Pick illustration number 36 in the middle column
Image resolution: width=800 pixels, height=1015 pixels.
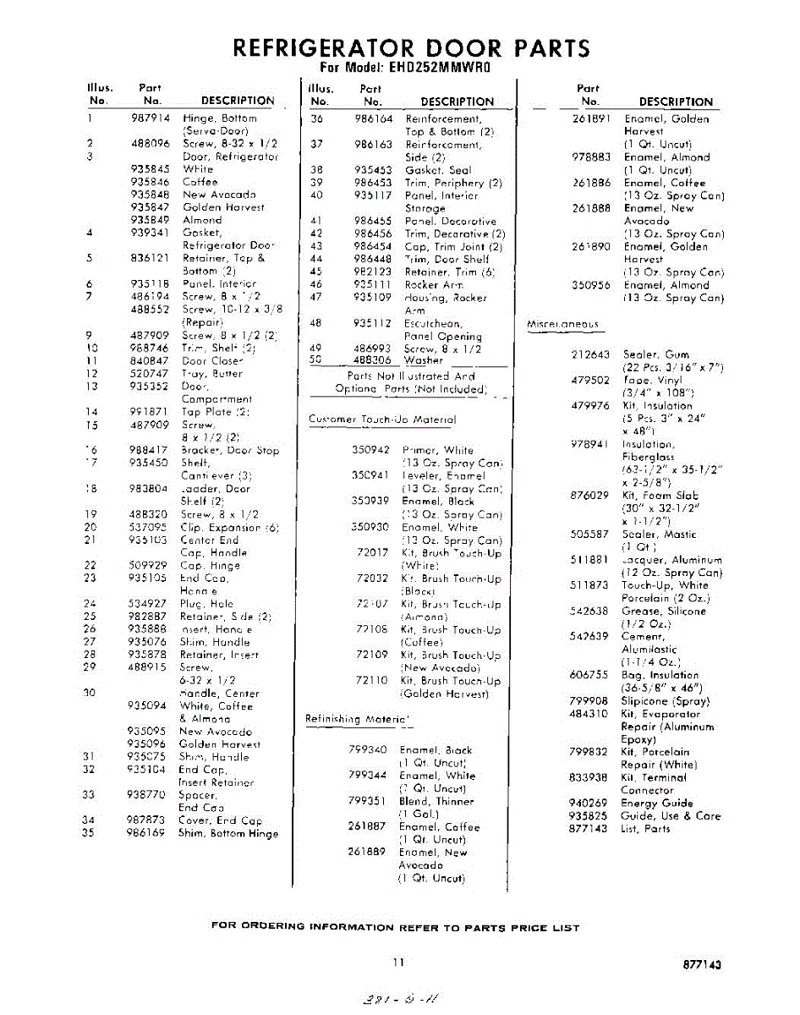click(317, 119)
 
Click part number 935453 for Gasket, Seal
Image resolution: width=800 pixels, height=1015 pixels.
click(373, 170)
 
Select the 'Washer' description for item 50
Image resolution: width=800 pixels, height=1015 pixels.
click(424, 360)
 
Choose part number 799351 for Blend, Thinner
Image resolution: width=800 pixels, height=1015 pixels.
click(367, 801)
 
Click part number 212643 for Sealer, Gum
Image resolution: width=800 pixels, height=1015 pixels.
click(590, 355)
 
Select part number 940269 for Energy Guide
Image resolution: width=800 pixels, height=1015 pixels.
click(589, 804)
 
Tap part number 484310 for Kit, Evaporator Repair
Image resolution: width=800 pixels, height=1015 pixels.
click(589, 714)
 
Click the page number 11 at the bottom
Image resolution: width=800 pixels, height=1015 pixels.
click(398, 962)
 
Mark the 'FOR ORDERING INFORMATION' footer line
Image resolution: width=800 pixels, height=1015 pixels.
click(395, 928)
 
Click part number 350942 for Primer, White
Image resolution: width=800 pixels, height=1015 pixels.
click(371, 450)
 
